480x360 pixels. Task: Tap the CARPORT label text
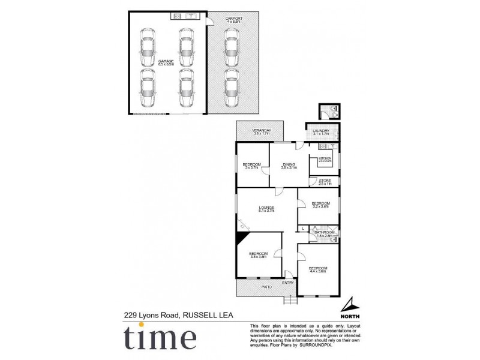pyautogui.click(x=233, y=19)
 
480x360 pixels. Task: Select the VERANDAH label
pyautogui.click(x=261, y=130)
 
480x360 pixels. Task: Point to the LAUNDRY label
pyautogui.click(x=321, y=130)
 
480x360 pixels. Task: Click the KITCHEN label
pyautogui.click(x=325, y=158)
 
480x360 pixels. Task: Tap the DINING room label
pyautogui.click(x=289, y=164)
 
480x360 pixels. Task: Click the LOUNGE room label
pyautogui.click(x=266, y=208)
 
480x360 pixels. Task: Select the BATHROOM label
pyautogui.click(x=324, y=232)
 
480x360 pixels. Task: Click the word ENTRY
pyautogui.click(x=289, y=283)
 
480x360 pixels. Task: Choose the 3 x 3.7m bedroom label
pyautogui.click(x=251, y=165)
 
